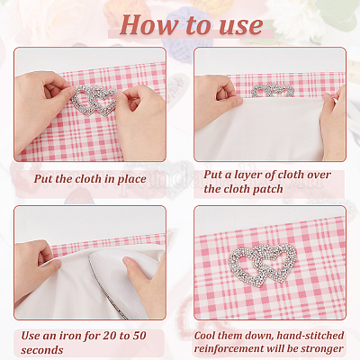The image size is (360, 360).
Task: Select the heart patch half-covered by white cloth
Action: [x=273, y=90]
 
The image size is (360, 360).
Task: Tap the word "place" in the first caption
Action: [x=131, y=180]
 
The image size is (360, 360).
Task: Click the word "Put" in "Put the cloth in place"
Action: [x=43, y=179]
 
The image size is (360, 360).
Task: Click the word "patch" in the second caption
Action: [x=268, y=190]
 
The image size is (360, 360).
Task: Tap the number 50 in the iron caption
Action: [x=139, y=336]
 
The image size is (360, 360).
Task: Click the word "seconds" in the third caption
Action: [x=42, y=350]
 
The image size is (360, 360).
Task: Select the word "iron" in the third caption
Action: [x=69, y=336]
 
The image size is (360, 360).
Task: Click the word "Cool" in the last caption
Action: [x=205, y=336]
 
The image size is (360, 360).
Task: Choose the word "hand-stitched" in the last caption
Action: [x=310, y=336]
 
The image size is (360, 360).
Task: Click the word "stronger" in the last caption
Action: [x=322, y=349]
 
